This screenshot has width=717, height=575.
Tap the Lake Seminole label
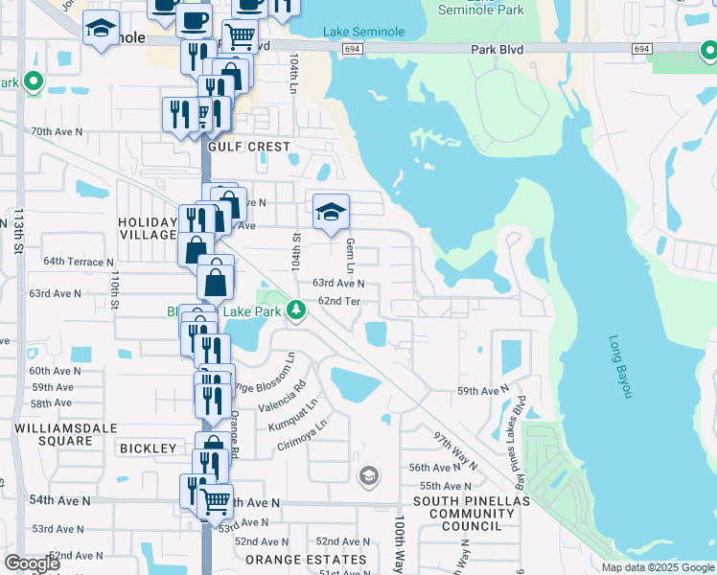(363, 32)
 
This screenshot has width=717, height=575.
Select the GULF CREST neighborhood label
(247, 147)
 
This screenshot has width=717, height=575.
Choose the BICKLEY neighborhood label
(148, 448)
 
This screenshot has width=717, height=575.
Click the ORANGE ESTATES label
(306, 560)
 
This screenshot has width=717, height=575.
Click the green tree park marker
(298, 309)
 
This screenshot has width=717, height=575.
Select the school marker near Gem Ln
(331, 212)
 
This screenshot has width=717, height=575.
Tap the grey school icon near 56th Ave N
(368, 475)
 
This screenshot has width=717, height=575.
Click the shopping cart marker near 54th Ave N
(216, 499)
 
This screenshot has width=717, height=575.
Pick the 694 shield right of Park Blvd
(641, 48)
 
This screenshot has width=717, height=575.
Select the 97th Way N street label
(454, 449)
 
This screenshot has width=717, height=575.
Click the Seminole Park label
(481, 10)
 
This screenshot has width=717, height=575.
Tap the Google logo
(32, 563)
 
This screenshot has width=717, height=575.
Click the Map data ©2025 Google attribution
(657, 567)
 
